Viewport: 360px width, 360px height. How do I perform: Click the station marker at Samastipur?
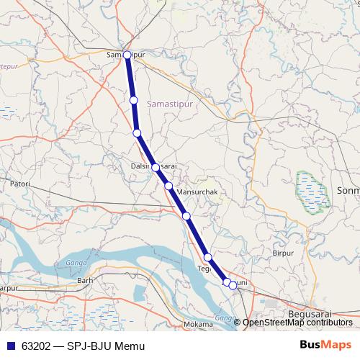[x=127, y=55]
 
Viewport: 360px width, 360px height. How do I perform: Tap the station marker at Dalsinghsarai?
[x=156, y=167]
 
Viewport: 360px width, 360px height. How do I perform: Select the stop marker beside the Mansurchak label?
[x=168, y=186]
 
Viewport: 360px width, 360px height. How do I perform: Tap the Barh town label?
[x=86, y=280]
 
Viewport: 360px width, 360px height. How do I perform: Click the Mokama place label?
[x=199, y=325]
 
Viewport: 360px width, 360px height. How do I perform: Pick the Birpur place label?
[x=284, y=253]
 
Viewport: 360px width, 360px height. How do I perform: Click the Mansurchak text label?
[x=197, y=193]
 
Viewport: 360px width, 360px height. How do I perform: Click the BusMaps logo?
[x=326, y=346]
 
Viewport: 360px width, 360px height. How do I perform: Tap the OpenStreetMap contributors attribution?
[x=297, y=323]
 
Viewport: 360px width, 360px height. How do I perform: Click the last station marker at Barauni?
[x=233, y=285]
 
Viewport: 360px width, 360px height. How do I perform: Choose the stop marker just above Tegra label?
[x=207, y=258]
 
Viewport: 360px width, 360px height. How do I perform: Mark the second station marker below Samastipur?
[x=137, y=132]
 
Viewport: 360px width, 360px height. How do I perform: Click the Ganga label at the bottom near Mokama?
[x=225, y=318]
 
